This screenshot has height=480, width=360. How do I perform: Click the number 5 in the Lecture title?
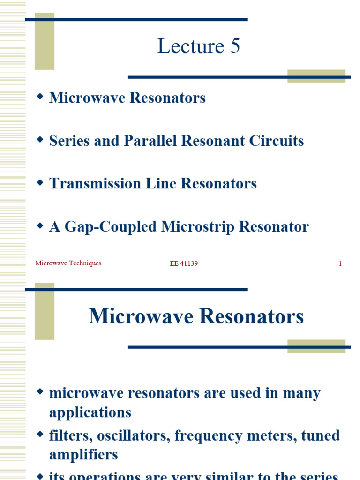click(234, 47)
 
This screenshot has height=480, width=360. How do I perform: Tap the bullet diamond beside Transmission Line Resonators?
click(40, 182)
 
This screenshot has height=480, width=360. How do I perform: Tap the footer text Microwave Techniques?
click(68, 263)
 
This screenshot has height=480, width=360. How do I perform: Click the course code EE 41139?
click(184, 264)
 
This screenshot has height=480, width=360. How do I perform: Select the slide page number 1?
click(340, 264)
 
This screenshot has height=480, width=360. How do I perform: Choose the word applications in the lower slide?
click(90, 413)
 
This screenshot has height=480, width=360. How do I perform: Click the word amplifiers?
click(83, 455)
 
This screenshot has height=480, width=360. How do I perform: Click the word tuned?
click(323, 436)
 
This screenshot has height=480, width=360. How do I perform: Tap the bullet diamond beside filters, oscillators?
click(40, 434)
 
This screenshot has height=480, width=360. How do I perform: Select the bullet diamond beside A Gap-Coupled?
click(40, 225)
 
